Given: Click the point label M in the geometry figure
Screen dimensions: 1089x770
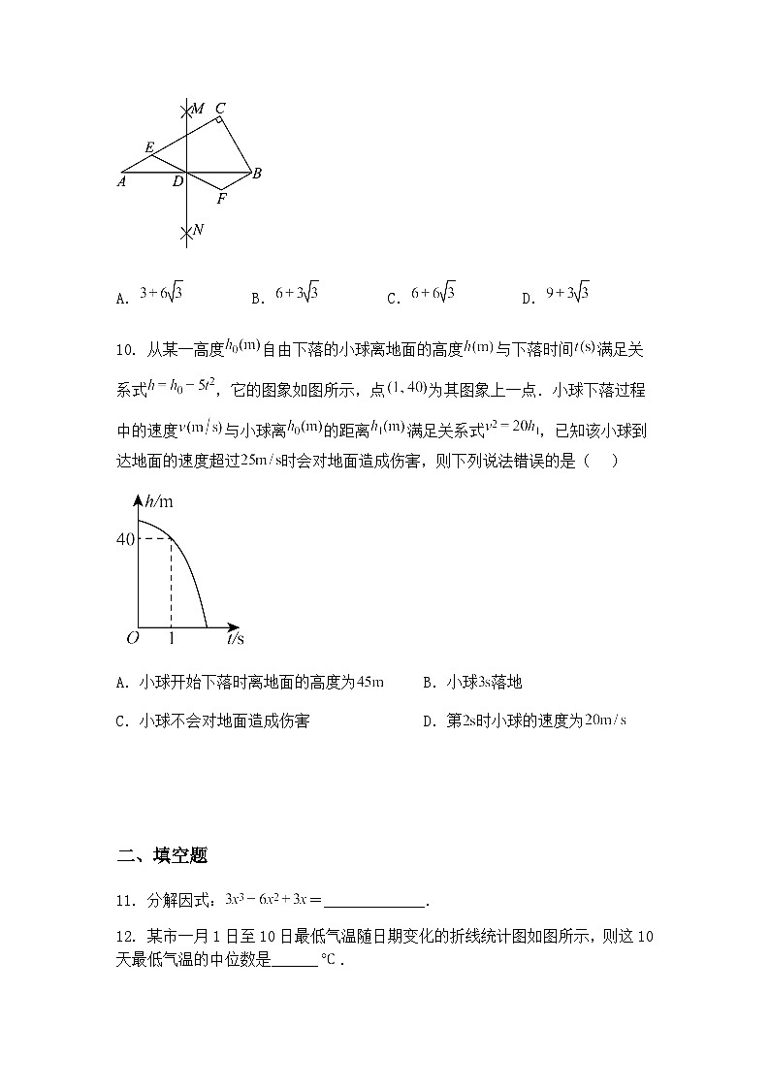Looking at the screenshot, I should click(198, 109).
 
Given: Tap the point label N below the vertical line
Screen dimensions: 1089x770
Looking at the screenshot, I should click(198, 230).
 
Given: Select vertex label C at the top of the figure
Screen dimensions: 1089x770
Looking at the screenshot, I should click(220, 108).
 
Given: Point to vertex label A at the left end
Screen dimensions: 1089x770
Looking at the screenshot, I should click(123, 180).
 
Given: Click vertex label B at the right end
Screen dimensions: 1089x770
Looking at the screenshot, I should click(257, 175).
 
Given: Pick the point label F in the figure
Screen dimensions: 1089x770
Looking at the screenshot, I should click(221, 199).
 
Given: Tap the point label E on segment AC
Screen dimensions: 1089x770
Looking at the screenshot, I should click(149, 147).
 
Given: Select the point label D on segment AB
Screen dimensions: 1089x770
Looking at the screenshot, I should click(177, 181).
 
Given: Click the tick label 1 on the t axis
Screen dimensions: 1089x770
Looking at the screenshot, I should click(172, 639).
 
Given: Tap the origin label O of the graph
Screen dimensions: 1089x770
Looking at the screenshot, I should click(132, 639).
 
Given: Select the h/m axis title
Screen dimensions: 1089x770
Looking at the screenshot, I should click(158, 501).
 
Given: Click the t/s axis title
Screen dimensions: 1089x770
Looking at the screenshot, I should click(236, 639).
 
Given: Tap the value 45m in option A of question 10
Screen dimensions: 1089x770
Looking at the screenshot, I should click(370, 683).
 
